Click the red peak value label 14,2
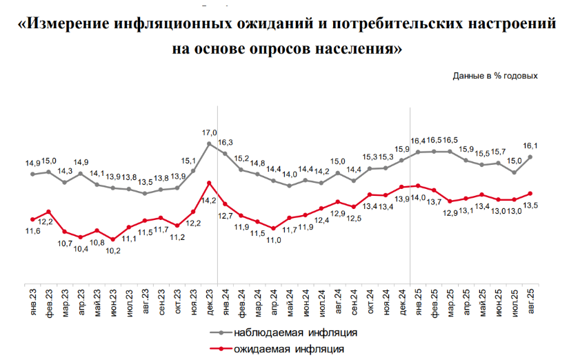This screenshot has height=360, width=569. (209, 200)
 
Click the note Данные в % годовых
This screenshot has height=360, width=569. (495, 75)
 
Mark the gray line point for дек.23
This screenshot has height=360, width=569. (209, 143)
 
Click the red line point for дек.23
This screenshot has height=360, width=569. (209, 183)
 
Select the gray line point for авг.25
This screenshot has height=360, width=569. (530, 157)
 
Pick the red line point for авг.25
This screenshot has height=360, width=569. (530, 193)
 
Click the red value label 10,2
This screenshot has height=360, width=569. (112, 250)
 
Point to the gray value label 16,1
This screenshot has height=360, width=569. (530, 146)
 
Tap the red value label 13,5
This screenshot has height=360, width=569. (530, 205)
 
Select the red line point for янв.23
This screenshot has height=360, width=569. (32, 219)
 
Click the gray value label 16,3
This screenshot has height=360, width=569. (226, 142)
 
